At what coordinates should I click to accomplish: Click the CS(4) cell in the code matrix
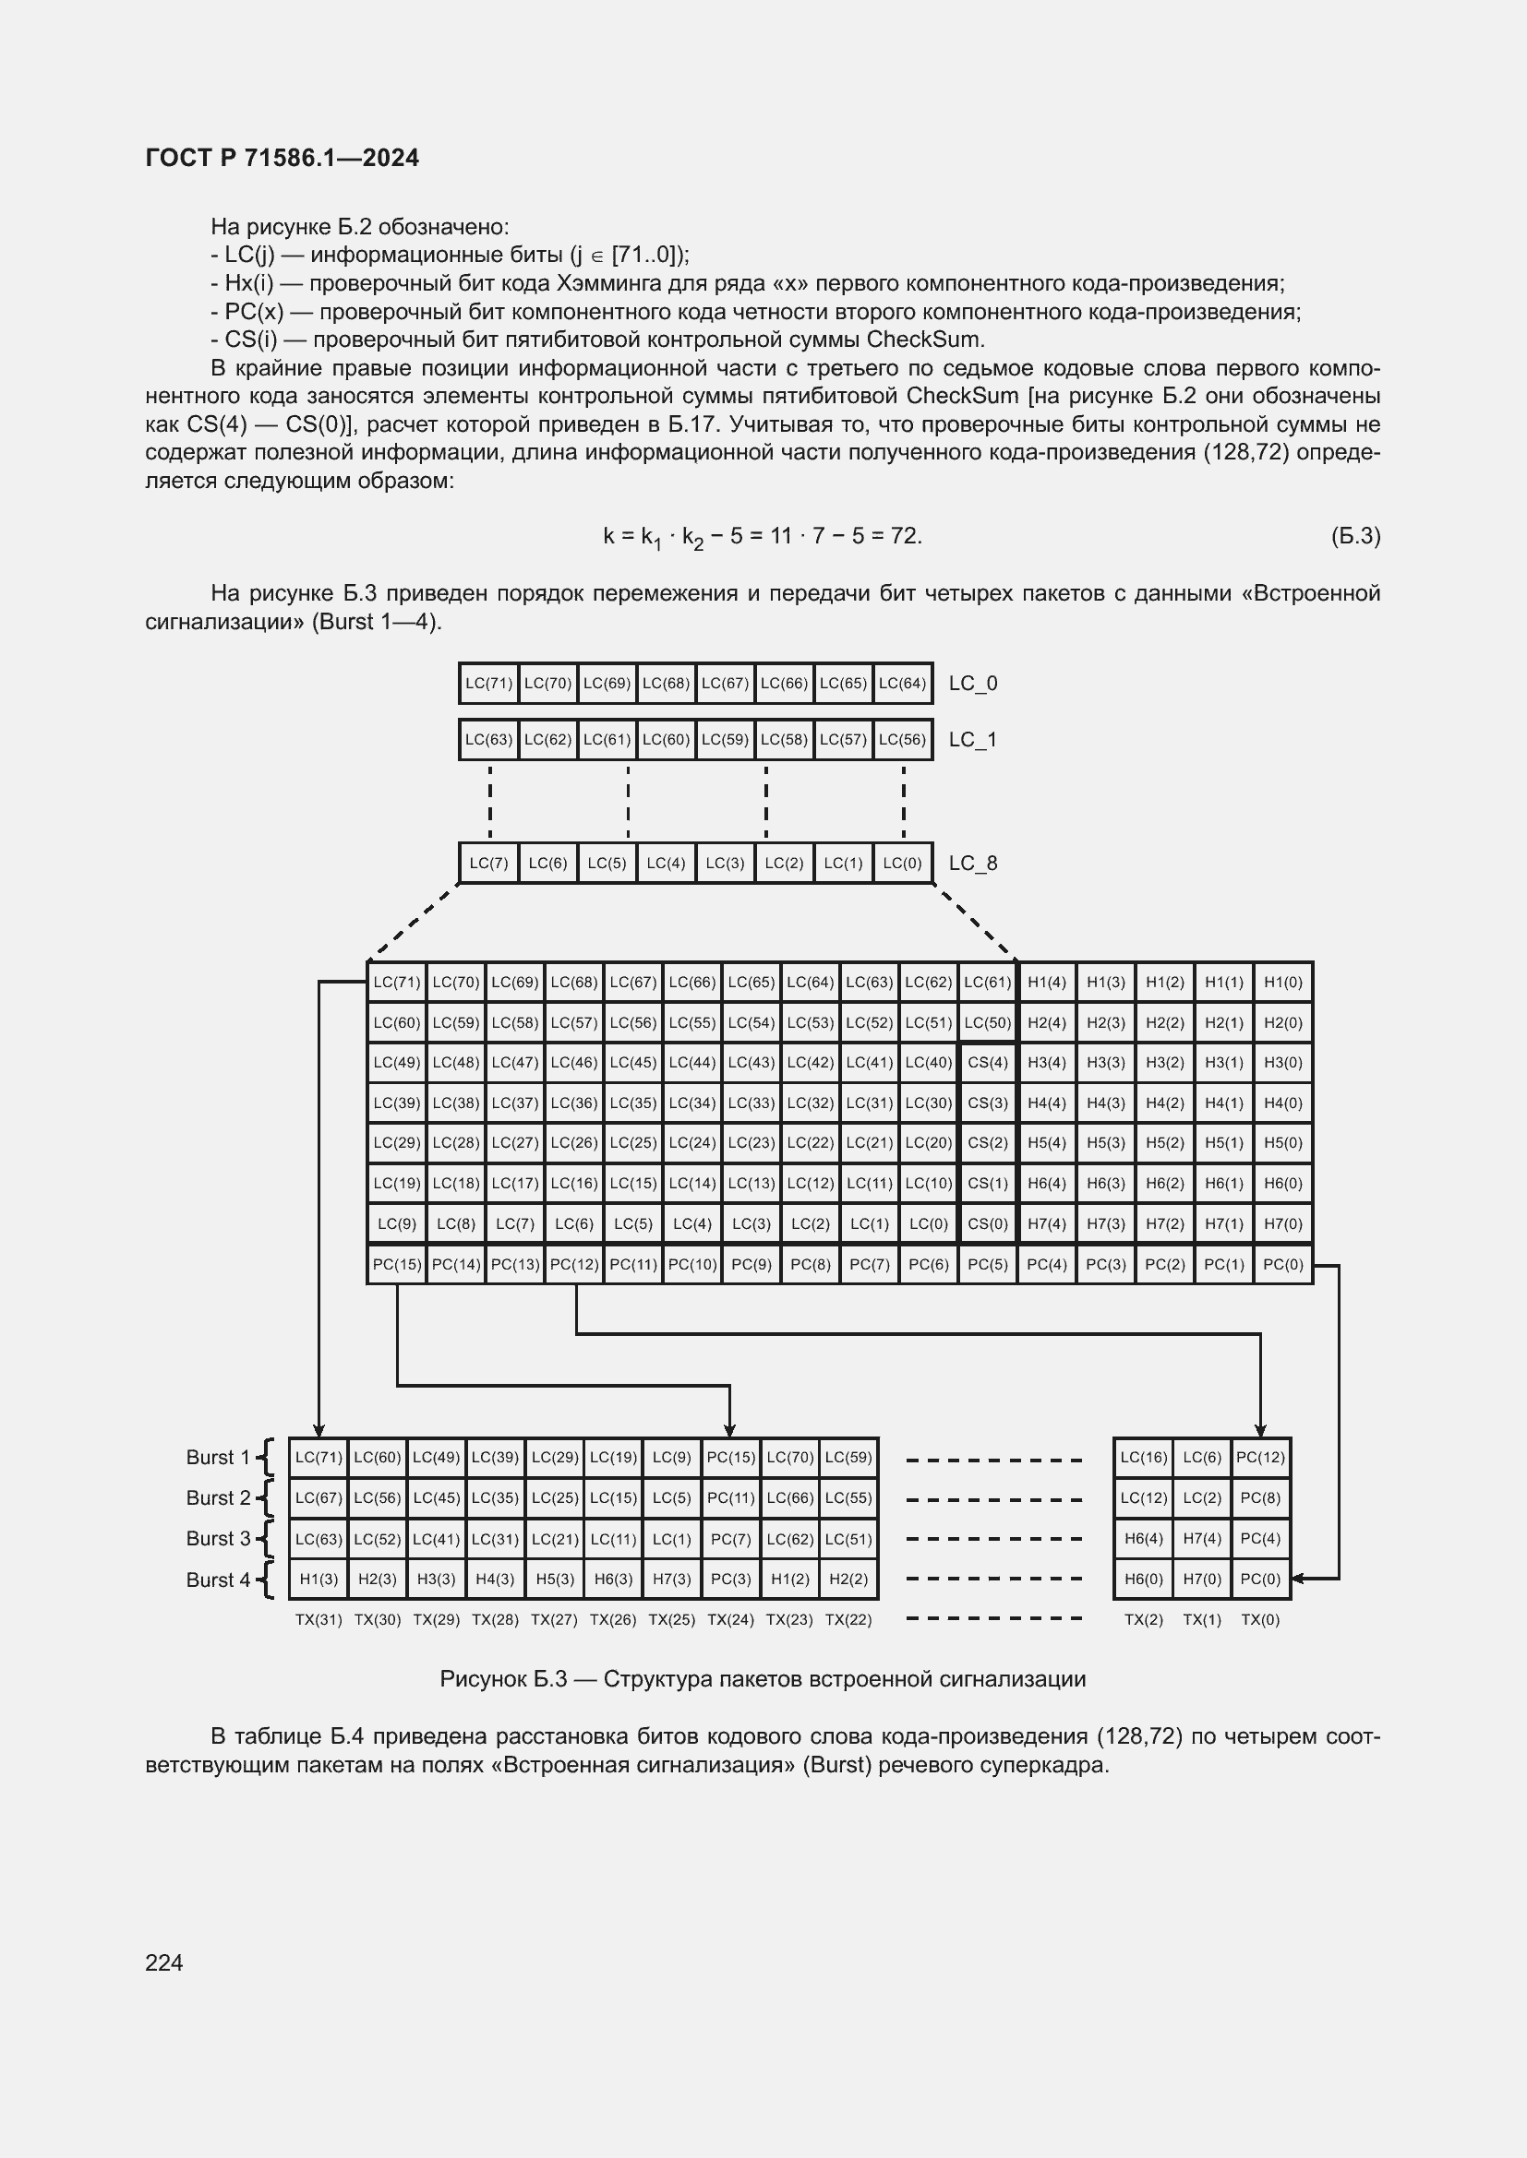(x=987, y=1062)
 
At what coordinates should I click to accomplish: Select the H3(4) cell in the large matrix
(x=1047, y=1062)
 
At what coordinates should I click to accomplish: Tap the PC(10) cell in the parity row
(x=692, y=1264)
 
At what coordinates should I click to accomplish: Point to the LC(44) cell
(x=692, y=1062)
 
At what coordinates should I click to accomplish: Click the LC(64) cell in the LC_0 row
(x=902, y=684)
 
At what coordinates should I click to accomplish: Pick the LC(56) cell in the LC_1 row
(x=902, y=740)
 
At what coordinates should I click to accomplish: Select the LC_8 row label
(x=972, y=863)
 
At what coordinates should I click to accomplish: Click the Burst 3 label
(x=218, y=1538)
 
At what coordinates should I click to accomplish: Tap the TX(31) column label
(x=319, y=1619)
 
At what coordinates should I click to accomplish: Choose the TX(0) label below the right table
(x=1260, y=1619)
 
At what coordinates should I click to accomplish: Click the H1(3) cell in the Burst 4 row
(x=319, y=1579)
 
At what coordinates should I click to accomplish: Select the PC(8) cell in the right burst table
(x=1260, y=1497)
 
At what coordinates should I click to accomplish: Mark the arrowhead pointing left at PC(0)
(x=1297, y=1579)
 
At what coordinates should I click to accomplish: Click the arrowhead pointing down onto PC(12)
(x=1260, y=1431)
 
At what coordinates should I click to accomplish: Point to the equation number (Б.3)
(x=1355, y=536)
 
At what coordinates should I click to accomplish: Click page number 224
(x=164, y=1962)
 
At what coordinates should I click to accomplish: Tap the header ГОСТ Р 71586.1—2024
(x=283, y=158)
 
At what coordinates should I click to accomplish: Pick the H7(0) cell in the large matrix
(x=1282, y=1223)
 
